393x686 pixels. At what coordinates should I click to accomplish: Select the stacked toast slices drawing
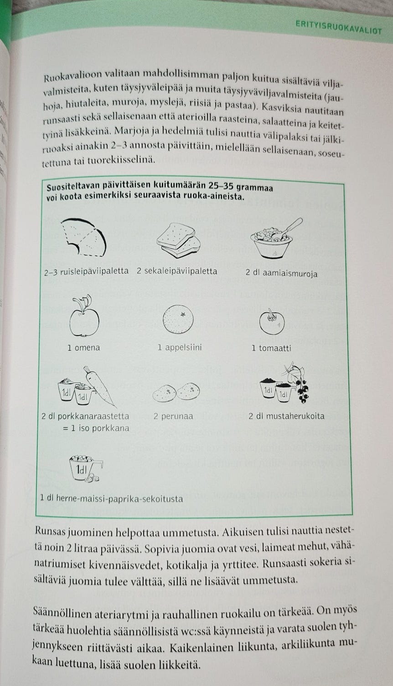[x=178, y=240]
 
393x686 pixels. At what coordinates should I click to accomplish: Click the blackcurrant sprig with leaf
[x=299, y=382]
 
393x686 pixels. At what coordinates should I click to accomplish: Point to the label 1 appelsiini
[x=180, y=348]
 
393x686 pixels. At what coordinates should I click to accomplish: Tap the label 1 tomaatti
[x=271, y=348]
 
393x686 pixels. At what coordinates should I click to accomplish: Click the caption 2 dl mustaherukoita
[x=287, y=416]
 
